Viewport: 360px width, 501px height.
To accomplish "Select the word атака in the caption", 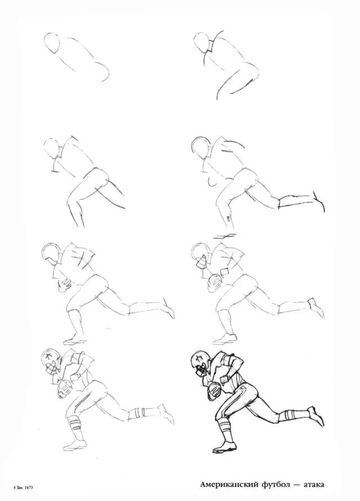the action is [x=313, y=485].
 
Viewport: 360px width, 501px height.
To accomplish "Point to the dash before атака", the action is [x=296, y=485].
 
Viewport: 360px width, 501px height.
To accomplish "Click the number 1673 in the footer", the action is [x=28, y=488].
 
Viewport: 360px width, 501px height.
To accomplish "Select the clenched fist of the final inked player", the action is [x=225, y=380].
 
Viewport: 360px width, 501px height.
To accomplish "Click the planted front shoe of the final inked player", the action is [x=223, y=448].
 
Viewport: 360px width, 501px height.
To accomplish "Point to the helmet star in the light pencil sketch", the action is [x=49, y=356].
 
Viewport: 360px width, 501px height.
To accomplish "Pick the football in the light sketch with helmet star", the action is [x=65, y=389].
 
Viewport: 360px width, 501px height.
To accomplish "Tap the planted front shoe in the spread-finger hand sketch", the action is [x=74, y=339].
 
